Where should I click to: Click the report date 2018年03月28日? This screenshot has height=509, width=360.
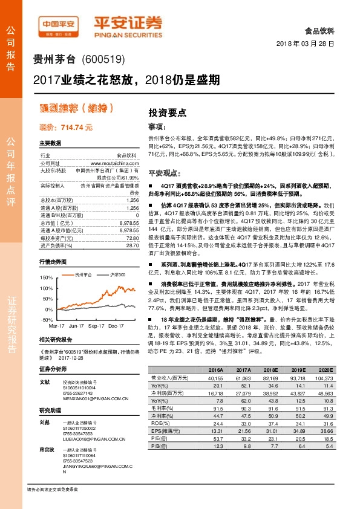[308, 45]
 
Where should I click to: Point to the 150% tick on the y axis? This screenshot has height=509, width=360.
[46, 277]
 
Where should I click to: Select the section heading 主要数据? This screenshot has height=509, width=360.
[50, 143]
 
